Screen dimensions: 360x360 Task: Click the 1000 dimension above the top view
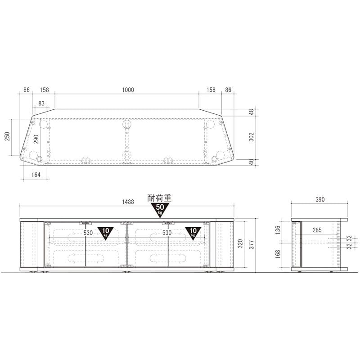pos(128,90)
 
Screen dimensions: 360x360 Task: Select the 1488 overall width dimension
pos(128,202)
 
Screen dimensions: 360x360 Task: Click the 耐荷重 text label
pos(160,198)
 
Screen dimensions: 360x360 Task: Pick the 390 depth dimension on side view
pos(320,199)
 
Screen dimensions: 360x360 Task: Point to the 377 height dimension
pos(252,245)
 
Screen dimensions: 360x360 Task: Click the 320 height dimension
pos(240,243)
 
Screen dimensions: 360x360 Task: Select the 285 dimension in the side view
pos(317,230)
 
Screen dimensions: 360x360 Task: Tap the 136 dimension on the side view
pos(278,230)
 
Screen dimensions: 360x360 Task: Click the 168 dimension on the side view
pos(278,254)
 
